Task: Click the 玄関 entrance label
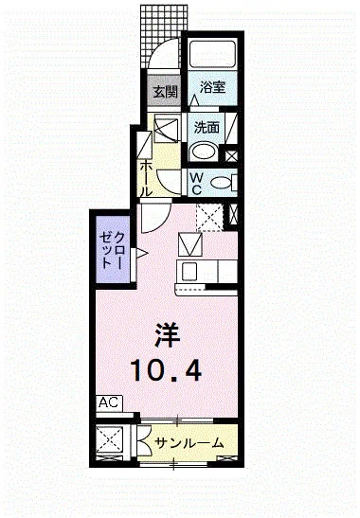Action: (164, 92)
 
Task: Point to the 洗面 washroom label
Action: (207, 125)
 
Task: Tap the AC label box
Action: (108, 402)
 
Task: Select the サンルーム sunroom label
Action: (189, 442)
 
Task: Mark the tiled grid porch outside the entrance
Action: (157, 28)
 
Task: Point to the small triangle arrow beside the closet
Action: (139, 253)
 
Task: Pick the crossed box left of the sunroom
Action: (113, 442)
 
